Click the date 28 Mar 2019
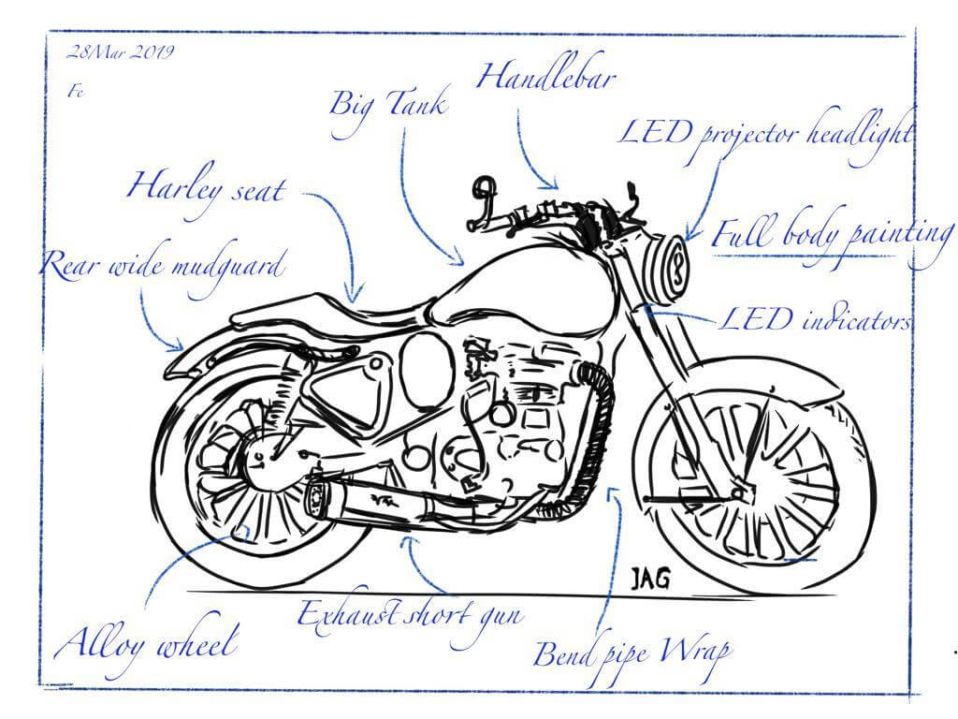click(120, 52)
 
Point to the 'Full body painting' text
click(832, 234)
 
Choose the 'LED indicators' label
click(814, 321)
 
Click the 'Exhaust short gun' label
click(409, 614)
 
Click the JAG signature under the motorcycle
click(648, 579)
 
